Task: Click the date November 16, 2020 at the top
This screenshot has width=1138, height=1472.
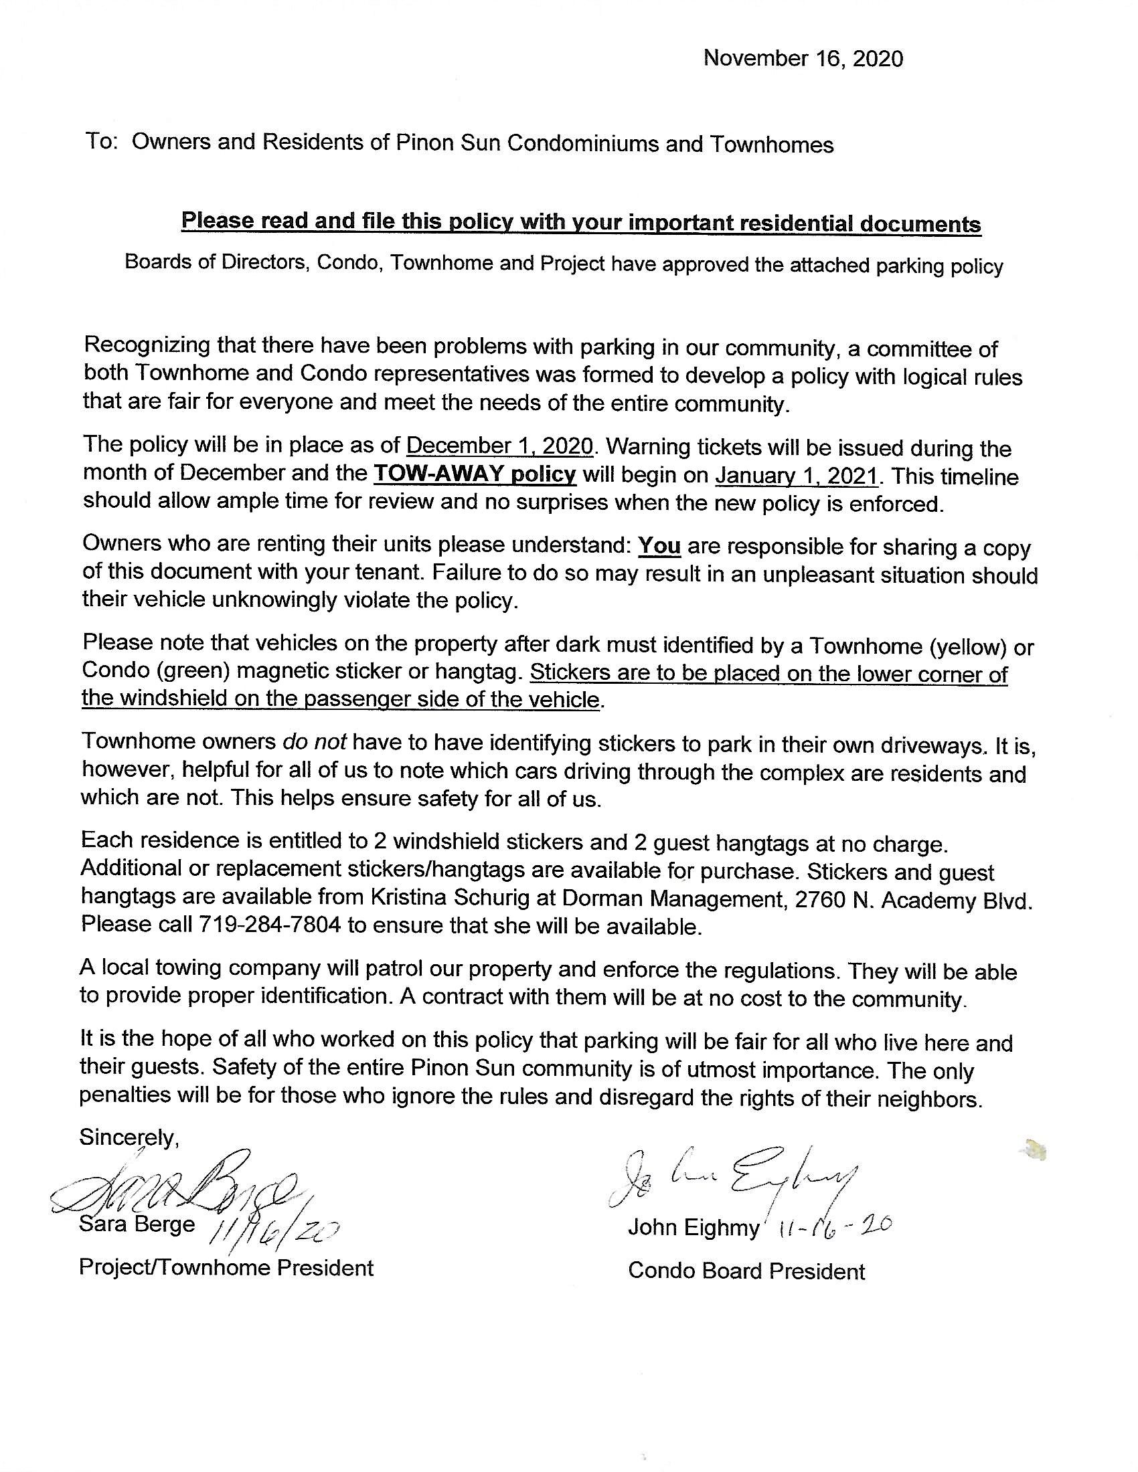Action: (802, 60)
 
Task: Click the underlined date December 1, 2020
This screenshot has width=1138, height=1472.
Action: (499, 446)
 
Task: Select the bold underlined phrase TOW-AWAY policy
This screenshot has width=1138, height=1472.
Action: (475, 474)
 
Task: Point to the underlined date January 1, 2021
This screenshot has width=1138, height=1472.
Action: (797, 476)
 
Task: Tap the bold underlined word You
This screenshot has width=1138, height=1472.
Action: (659, 545)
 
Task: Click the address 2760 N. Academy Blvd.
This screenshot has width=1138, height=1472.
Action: (914, 901)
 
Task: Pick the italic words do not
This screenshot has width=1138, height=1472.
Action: (314, 742)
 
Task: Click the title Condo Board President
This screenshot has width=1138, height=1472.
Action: (746, 1271)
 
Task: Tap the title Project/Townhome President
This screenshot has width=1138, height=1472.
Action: (226, 1268)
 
